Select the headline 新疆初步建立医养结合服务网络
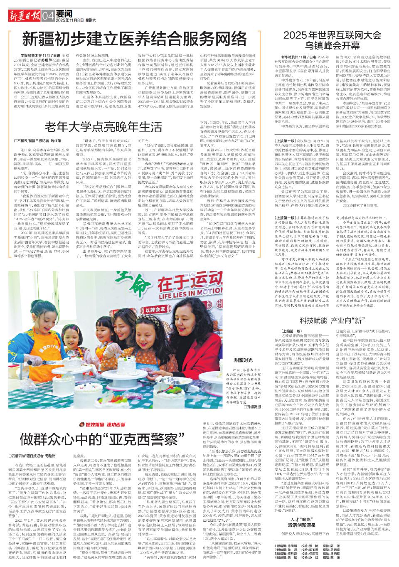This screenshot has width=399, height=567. tap(135, 39)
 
